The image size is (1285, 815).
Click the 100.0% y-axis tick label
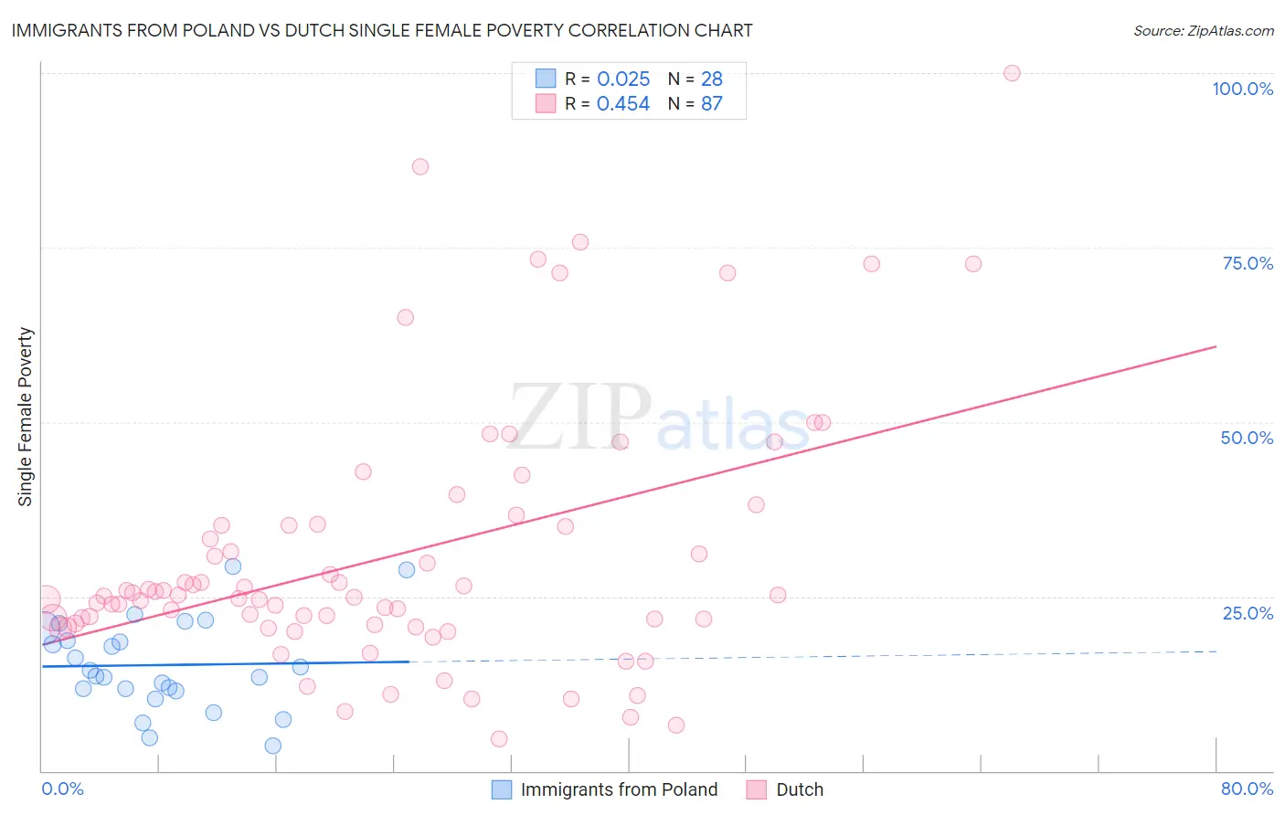[1242, 89]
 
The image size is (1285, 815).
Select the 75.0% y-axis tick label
[1248, 263]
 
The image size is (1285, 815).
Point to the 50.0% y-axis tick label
[1247, 438]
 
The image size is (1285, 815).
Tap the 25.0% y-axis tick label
[1248, 613]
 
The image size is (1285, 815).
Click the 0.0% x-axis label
[62, 789]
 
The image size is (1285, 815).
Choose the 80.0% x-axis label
[1247, 789]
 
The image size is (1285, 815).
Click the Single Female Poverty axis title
[26, 417]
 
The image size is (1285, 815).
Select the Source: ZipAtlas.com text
[1203, 31]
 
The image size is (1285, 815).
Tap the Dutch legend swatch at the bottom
[756, 789]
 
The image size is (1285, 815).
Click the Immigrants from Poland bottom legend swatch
[502, 789]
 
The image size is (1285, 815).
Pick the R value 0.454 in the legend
[623, 104]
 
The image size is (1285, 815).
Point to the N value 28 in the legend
[712, 79]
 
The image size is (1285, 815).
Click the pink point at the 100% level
[1012, 73]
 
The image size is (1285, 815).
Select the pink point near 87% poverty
[420, 166]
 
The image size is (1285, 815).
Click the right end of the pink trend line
[1216, 346]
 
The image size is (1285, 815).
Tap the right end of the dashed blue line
[1216, 651]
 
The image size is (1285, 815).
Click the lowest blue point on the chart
[272, 746]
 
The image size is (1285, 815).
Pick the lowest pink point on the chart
[499, 738]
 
